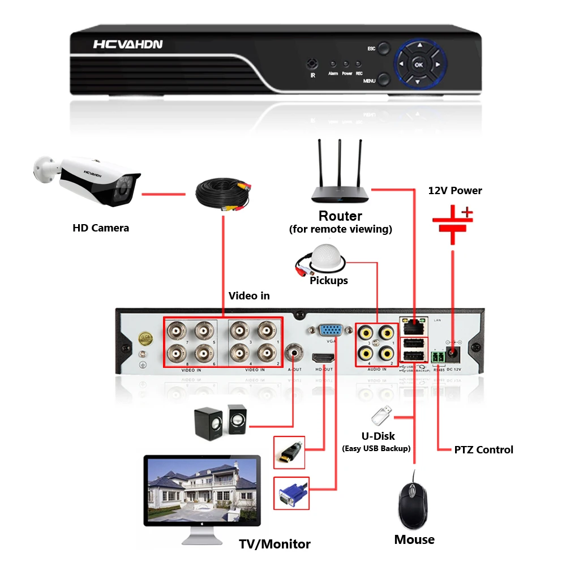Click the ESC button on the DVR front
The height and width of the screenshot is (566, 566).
[x=384, y=48]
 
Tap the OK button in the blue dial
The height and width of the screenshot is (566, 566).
[x=419, y=65]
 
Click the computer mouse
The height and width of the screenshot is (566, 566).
[x=414, y=503]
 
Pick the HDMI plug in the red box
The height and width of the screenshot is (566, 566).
[x=289, y=452]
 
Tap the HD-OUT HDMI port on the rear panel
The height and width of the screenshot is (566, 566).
[x=323, y=358]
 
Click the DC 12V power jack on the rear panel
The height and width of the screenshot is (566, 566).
[x=454, y=355]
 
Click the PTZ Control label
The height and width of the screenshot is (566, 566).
[x=483, y=450]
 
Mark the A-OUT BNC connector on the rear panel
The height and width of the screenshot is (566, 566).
[x=293, y=353]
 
